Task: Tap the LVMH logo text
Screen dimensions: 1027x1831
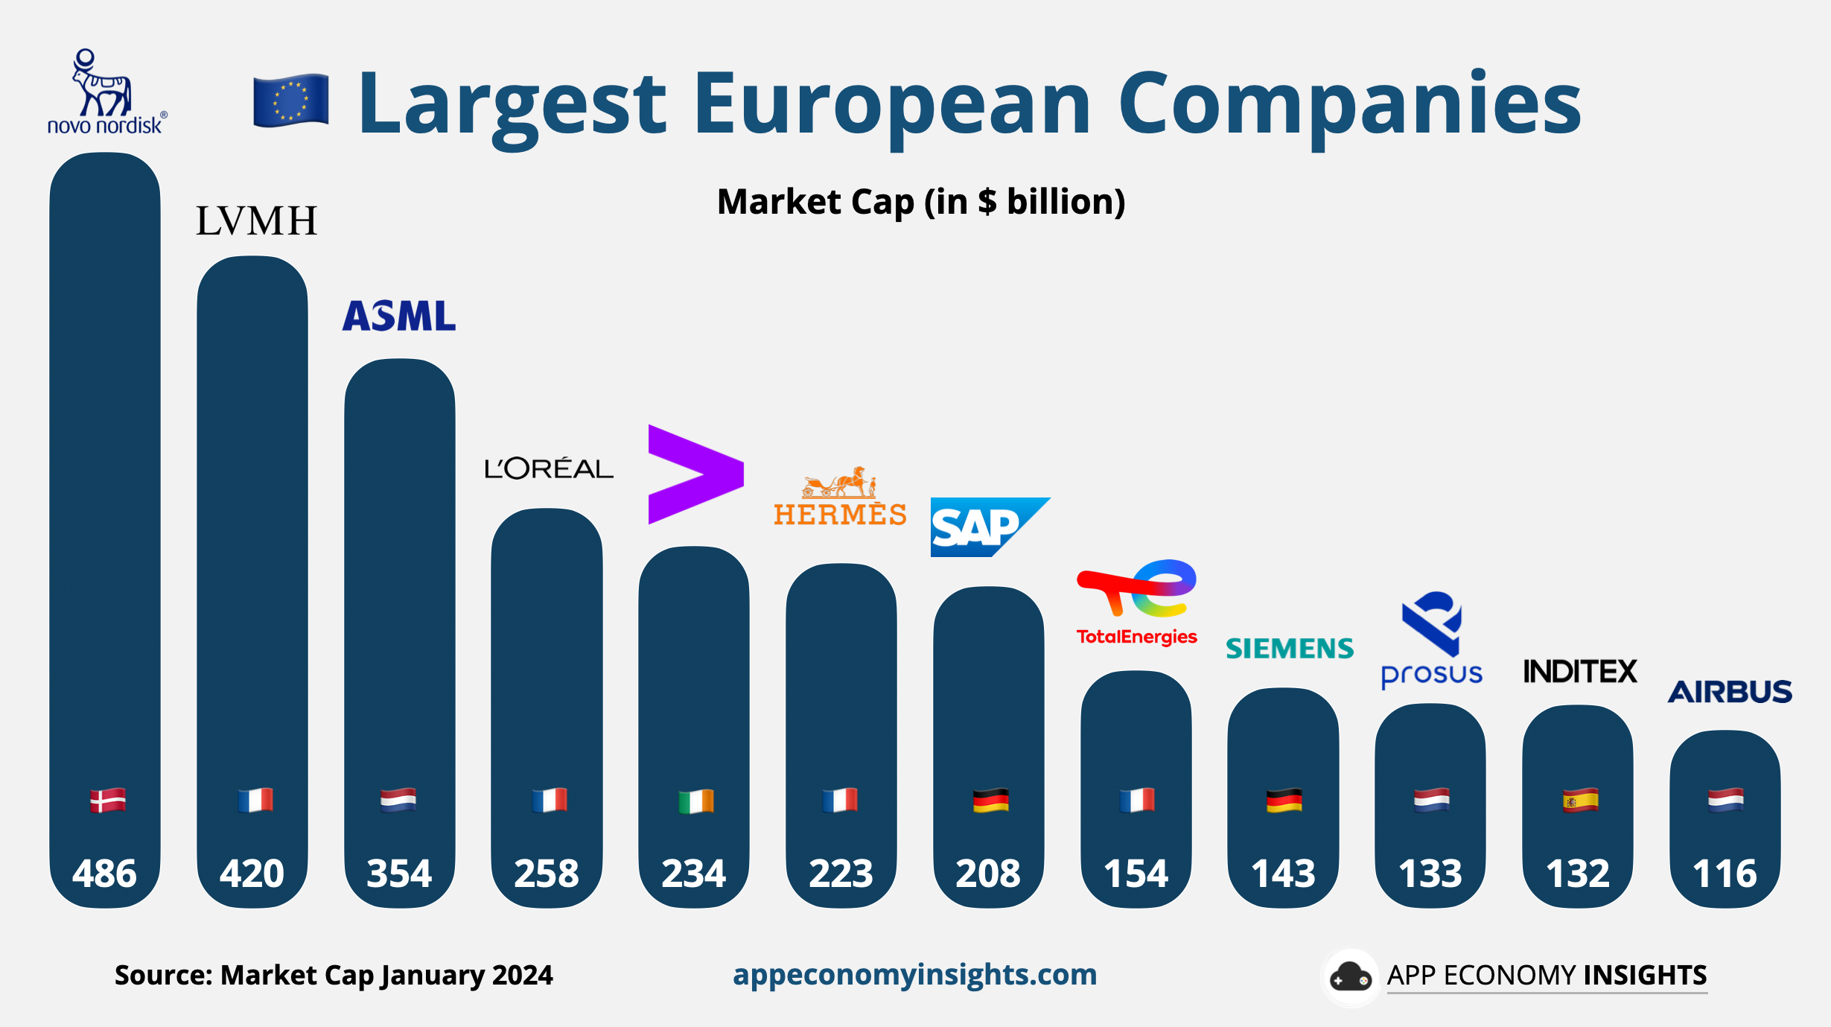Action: click(256, 221)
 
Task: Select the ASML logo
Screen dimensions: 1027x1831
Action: click(399, 316)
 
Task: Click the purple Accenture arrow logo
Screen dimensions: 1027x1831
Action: click(695, 474)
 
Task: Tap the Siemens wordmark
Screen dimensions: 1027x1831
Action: click(1289, 649)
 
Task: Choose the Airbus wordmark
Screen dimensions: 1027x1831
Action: click(1729, 692)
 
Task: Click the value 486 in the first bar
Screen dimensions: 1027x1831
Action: click(104, 873)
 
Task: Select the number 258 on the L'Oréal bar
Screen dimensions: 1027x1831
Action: click(546, 873)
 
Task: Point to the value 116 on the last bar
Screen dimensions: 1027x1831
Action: click(1725, 873)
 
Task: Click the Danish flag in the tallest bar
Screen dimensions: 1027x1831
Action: click(107, 801)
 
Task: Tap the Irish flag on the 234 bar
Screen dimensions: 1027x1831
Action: click(695, 801)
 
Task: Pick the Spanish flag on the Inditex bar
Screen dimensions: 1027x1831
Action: click(1579, 801)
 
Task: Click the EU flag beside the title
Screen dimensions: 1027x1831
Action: click(290, 101)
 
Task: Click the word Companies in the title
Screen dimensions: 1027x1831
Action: click(1348, 104)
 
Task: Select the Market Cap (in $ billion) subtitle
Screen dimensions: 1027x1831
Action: click(920, 202)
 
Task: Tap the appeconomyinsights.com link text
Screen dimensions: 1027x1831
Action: click(914, 974)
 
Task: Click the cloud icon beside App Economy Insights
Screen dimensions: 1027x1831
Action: click(1350, 977)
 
